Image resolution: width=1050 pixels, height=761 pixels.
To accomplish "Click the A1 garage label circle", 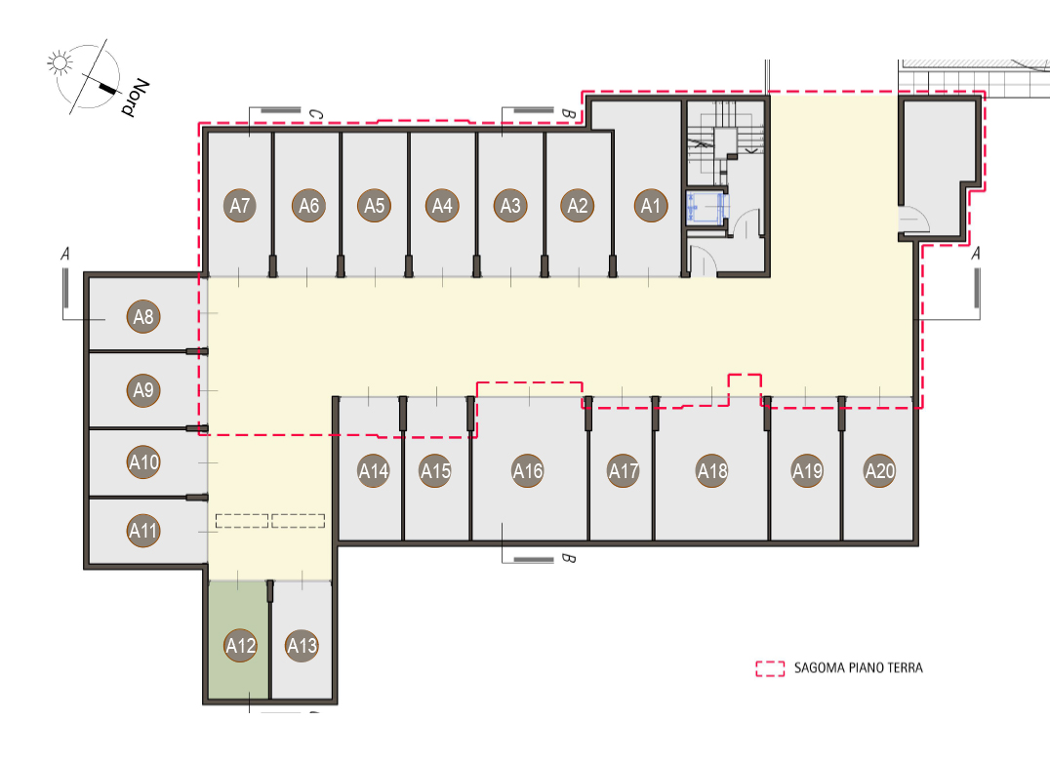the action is pyautogui.click(x=651, y=206).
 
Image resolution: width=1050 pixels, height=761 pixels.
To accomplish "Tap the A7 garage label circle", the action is pyautogui.click(x=240, y=206).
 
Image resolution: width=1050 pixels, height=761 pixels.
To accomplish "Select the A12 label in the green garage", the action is pyautogui.click(x=240, y=646).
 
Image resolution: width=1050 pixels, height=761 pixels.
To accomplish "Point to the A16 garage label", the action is pyautogui.click(x=528, y=471).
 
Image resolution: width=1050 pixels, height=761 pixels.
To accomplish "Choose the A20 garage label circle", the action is pyautogui.click(x=880, y=470).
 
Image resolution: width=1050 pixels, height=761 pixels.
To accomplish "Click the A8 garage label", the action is pyautogui.click(x=143, y=316).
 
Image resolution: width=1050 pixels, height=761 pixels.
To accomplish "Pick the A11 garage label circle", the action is pyautogui.click(x=143, y=531).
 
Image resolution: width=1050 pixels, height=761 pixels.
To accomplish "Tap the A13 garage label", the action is pyautogui.click(x=302, y=646).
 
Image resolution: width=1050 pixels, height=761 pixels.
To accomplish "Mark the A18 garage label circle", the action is pyautogui.click(x=711, y=471).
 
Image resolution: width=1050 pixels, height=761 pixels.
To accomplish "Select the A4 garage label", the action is pyautogui.click(x=442, y=206).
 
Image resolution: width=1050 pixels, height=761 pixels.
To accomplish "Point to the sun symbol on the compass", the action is pyautogui.click(x=60, y=62).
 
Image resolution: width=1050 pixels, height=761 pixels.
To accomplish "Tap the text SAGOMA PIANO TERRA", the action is pyautogui.click(x=858, y=667).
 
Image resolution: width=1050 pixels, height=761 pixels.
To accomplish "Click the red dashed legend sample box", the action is pyautogui.click(x=770, y=668).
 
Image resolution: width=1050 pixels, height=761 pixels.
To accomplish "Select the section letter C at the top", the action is pyautogui.click(x=315, y=115).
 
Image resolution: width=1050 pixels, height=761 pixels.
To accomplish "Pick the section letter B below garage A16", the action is pyautogui.click(x=568, y=558).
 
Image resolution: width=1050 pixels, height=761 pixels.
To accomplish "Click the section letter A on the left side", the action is pyautogui.click(x=65, y=255).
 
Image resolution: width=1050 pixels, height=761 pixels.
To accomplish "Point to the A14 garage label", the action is pyautogui.click(x=374, y=471).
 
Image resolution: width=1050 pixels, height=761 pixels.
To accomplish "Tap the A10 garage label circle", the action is pyautogui.click(x=143, y=461).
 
